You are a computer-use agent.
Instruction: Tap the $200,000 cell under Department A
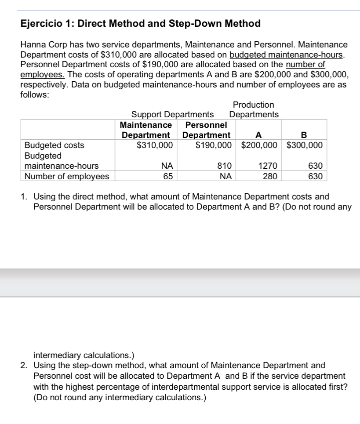tap(259, 145)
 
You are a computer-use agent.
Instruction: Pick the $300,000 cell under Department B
tap(305, 145)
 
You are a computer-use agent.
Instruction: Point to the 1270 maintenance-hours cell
tap(268, 166)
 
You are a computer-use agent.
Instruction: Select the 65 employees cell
tap(167, 177)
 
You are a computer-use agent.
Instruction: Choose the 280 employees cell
tap(269, 177)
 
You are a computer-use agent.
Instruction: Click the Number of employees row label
tap(66, 177)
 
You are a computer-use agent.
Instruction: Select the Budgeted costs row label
tap(55, 145)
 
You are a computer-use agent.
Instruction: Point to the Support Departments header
tap(173, 115)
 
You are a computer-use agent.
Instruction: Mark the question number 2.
tap(25, 365)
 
